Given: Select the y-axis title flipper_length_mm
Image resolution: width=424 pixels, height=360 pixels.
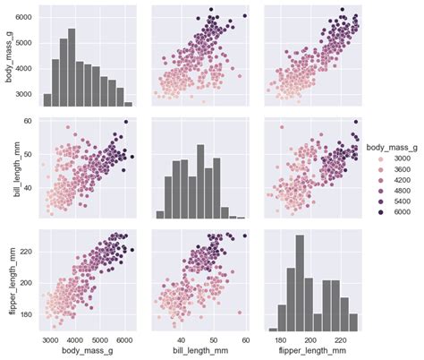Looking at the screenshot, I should tap(7, 279).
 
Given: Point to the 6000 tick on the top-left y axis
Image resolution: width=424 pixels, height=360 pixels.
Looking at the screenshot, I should tap(24, 18).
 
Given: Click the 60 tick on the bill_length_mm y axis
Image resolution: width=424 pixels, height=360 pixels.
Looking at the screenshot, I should tap(29, 121).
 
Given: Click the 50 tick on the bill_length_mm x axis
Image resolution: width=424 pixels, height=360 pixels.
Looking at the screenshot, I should tap(215, 340).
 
